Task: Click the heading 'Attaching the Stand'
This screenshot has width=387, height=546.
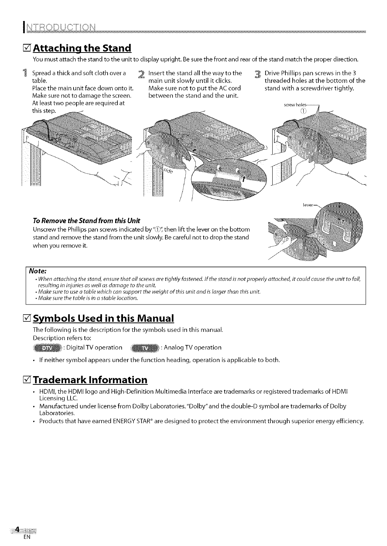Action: (82, 48)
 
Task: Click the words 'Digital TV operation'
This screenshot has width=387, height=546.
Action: (94, 348)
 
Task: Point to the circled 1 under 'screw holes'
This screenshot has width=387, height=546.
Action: (303, 111)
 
